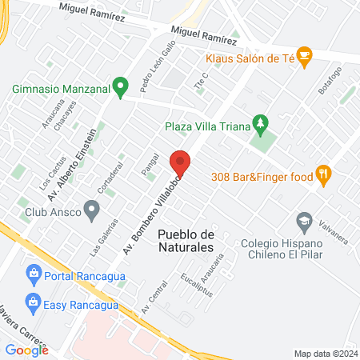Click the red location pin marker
(181, 163)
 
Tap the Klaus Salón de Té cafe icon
(305, 55)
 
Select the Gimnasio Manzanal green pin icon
(120, 85)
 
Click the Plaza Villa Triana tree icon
(259, 122)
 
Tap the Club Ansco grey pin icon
(92, 211)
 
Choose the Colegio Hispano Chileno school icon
(304, 220)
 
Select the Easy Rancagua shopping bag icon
(33, 302)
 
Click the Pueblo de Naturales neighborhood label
(186, 240)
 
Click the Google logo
(26, 350)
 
